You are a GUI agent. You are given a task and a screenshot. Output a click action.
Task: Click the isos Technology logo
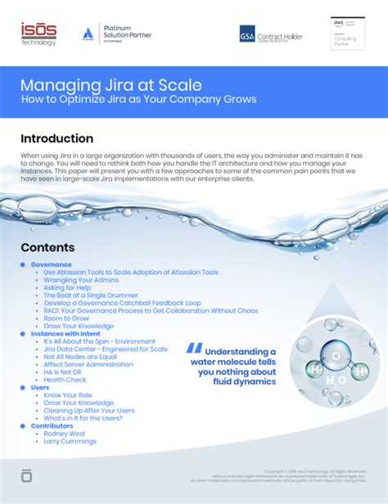coord(38,34)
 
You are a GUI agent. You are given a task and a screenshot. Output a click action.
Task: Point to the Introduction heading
coord(56,138)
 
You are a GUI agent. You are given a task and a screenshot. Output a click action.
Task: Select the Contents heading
coord(47,247)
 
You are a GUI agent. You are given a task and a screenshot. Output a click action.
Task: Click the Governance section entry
coord(52,264)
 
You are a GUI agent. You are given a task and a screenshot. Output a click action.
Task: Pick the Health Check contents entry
coord(65,380)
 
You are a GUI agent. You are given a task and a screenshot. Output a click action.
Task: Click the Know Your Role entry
coord(67,395)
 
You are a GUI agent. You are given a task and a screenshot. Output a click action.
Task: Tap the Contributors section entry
coord(52,425)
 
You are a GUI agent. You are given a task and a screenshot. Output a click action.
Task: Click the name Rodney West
coord(66,434)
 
